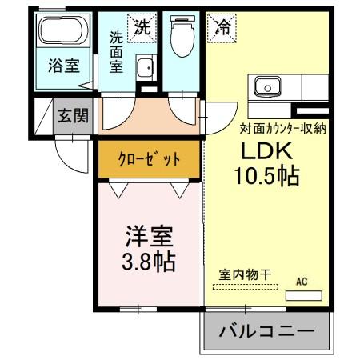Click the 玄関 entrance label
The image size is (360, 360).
click(68, 114)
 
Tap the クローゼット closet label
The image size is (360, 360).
click(149, 158)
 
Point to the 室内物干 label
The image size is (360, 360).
click(246, 273)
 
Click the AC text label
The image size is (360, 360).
click(302, 282)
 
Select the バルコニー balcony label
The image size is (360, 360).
click(265, 330)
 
